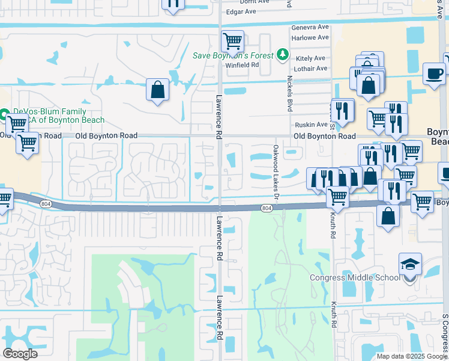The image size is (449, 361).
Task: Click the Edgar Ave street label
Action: click(x=240, y=11)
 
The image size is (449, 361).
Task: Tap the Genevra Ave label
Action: click(x=310, y=28)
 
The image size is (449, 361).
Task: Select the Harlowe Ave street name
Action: click(x=310, y=37)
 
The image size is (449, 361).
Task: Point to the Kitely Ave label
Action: click(x=311, y=58)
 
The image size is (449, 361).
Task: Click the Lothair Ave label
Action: click(x=310, y=68)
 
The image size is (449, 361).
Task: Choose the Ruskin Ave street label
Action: click(x=310, y=125)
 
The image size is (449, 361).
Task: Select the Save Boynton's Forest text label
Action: click(x=233, y=55)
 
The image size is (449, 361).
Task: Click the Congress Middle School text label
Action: click(x=355, y=277)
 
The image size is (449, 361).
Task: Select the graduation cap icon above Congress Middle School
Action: click(x=410, y=264)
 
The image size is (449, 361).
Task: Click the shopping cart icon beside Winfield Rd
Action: click(x=232, y=42)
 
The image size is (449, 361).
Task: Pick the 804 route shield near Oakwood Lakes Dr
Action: click(x=268, y=208)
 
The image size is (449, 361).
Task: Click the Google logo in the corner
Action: click(x=20, y=353)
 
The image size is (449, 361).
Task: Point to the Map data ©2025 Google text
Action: click(x=411, y=356)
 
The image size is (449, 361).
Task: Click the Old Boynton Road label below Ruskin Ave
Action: click(x=324, y=137)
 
